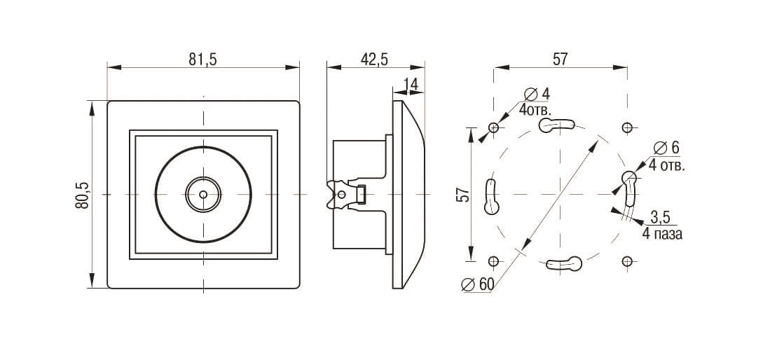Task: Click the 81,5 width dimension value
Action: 202,59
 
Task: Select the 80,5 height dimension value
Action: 82,195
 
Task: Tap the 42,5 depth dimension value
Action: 374,59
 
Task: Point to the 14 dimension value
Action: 411,85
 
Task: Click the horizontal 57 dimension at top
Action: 560,59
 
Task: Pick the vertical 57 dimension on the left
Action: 463,195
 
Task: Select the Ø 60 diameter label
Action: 478,284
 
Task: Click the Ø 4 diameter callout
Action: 537,93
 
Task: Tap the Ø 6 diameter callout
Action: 666,147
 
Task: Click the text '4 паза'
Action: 662,234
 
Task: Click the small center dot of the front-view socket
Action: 203,195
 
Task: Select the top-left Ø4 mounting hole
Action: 493,127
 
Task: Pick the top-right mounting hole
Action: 626,127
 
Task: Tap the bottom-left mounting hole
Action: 493,261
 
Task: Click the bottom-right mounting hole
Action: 626,261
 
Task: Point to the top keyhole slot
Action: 556,125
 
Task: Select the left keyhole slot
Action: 492,196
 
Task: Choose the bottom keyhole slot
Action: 564,264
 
